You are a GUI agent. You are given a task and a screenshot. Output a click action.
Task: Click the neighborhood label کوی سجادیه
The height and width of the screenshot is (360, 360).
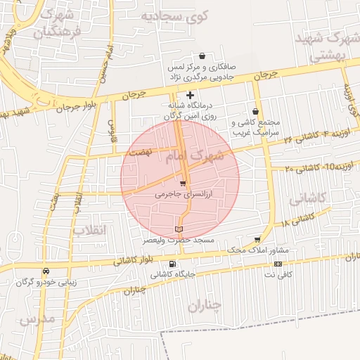(177, 15)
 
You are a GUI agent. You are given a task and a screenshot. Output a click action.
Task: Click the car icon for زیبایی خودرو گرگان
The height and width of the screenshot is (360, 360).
(46, 271)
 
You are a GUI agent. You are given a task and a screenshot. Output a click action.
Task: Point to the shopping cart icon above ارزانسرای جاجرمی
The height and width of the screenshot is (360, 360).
(183, 184)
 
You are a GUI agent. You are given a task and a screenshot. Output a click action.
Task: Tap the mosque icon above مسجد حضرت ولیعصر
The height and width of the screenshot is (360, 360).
(178, 229)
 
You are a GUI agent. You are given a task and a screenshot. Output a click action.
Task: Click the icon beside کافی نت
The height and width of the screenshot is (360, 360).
(278, 264)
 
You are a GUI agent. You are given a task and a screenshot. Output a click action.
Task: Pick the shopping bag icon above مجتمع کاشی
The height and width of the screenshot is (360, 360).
(255, 111)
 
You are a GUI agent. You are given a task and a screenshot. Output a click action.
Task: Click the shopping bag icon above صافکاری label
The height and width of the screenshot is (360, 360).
(202, 56)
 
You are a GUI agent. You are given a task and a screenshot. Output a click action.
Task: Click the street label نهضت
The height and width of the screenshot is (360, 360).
(138, 152)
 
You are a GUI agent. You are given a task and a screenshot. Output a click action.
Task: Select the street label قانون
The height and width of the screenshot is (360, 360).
(111, 129)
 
